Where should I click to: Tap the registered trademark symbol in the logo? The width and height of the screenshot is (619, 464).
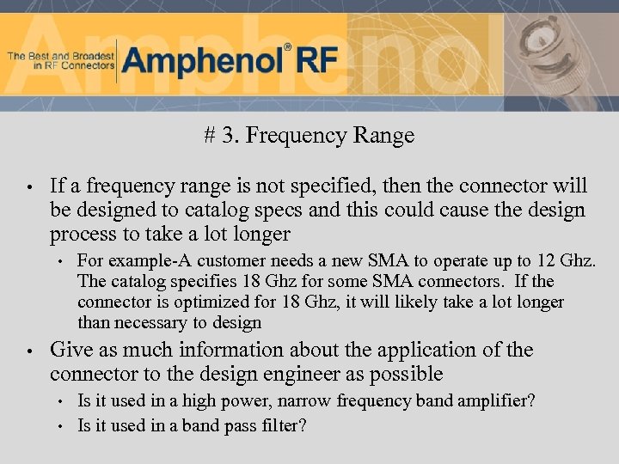[287, 47]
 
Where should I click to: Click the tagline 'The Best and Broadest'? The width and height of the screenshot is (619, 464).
[60, 56]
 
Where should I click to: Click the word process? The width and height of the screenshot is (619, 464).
[84, 234]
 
